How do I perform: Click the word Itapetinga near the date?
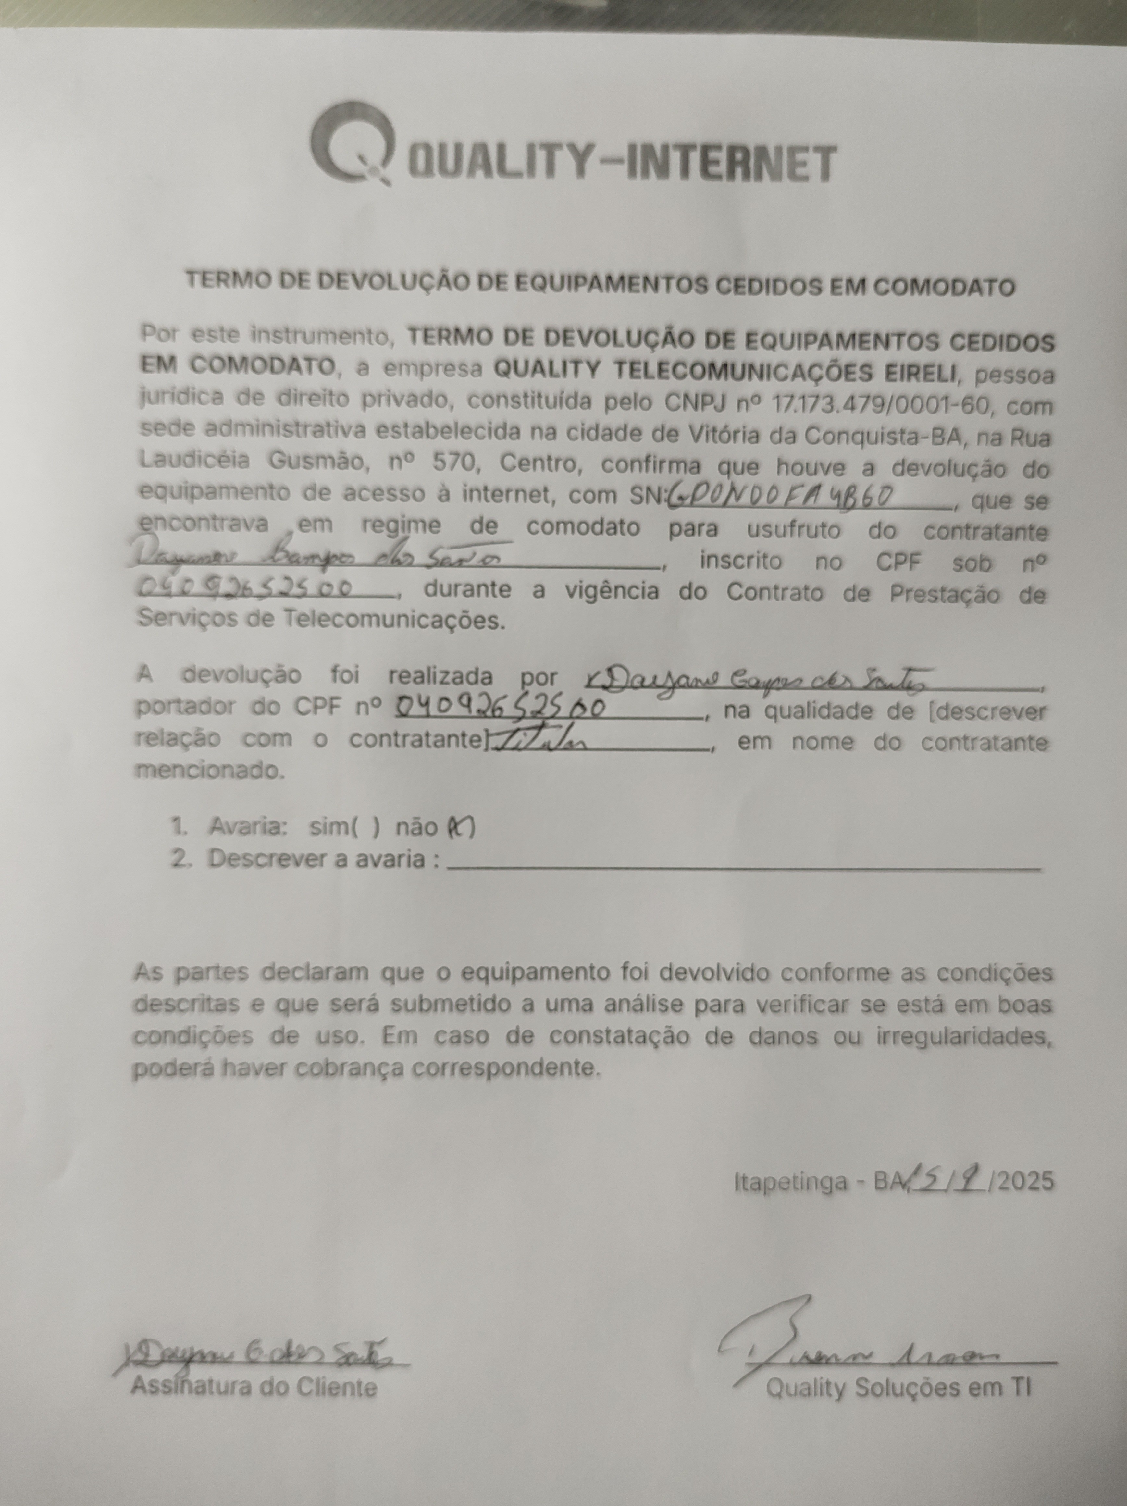click(790, 1183)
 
